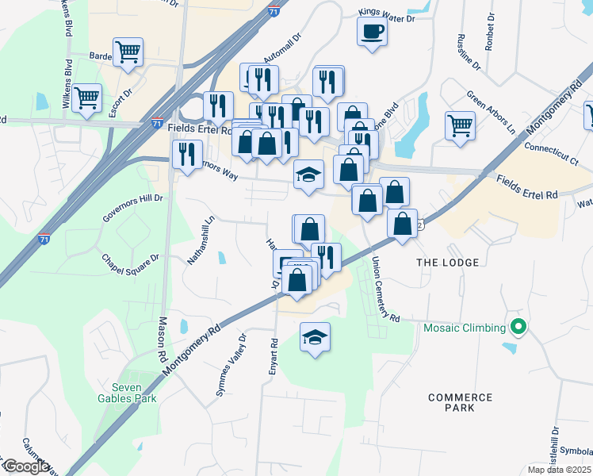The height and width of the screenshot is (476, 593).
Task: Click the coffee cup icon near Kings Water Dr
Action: [372, 32]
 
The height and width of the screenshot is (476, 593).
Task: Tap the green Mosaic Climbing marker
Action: [519, 327]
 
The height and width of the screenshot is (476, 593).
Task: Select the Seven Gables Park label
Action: [128, 393]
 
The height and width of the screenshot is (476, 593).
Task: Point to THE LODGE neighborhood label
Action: [448, 263]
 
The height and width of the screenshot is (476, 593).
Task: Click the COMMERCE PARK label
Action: [460, 402]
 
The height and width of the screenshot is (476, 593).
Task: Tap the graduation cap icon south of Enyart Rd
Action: [315, 337]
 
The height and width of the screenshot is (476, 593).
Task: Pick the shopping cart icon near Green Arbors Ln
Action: [460, 125]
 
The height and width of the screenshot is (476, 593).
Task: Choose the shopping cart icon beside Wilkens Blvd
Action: [87, 98]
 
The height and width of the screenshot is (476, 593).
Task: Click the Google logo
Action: [26, 466]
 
